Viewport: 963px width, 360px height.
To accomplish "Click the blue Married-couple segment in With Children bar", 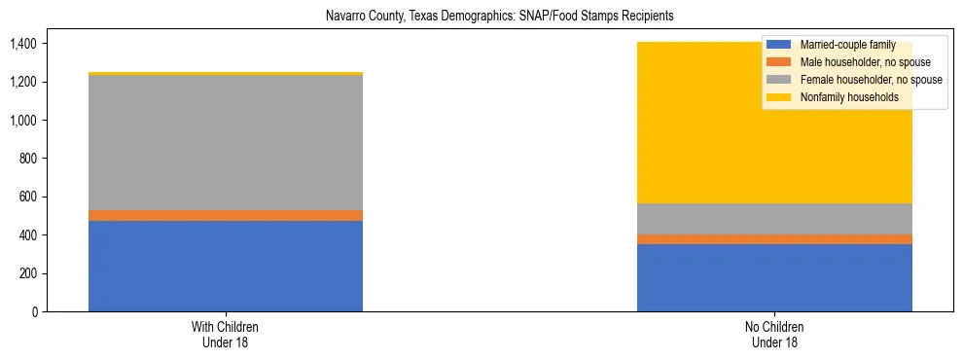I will [226, 266].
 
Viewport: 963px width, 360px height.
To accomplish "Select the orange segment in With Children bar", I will [226, 215].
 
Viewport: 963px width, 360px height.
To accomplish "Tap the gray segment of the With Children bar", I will [226, 142].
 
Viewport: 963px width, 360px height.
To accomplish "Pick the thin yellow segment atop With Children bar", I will [226, 73].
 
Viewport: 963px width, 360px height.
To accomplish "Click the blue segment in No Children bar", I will [774, 277].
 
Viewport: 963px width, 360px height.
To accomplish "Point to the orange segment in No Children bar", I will [774, 239].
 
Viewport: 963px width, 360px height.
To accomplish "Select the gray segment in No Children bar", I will [774, 219].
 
